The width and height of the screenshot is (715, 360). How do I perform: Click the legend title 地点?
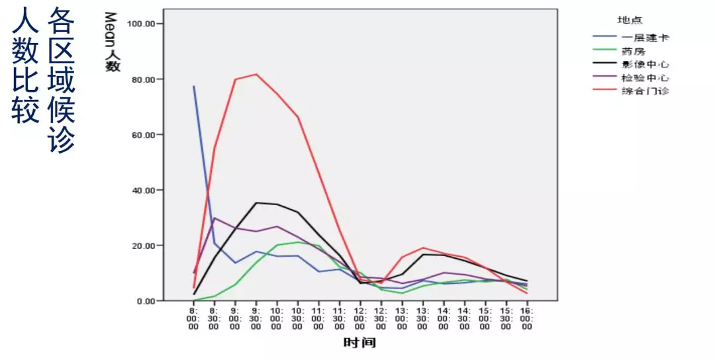(x=630, y=21)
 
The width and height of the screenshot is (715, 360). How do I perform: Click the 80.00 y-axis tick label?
(x=141, y=79)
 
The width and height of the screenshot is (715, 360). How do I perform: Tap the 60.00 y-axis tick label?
(x=141, y=135)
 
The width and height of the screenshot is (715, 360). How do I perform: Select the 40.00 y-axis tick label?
(x=141, y=190)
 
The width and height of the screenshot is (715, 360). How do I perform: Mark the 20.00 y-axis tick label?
(x=141, y=246)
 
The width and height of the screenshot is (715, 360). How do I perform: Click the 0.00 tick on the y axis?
(x=144, y=301)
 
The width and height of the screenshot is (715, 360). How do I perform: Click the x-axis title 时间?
(x=359, y=343)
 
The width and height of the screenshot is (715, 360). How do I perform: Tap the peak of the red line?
(x=256, y=74)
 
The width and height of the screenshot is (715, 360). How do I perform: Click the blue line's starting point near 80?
(x=194, y=87)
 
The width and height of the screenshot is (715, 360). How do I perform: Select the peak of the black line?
(x=256, y=202)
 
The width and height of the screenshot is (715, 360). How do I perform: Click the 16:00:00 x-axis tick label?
(x=527, y=318)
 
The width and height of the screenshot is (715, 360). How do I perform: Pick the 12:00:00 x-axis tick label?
(x=359, y=318)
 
